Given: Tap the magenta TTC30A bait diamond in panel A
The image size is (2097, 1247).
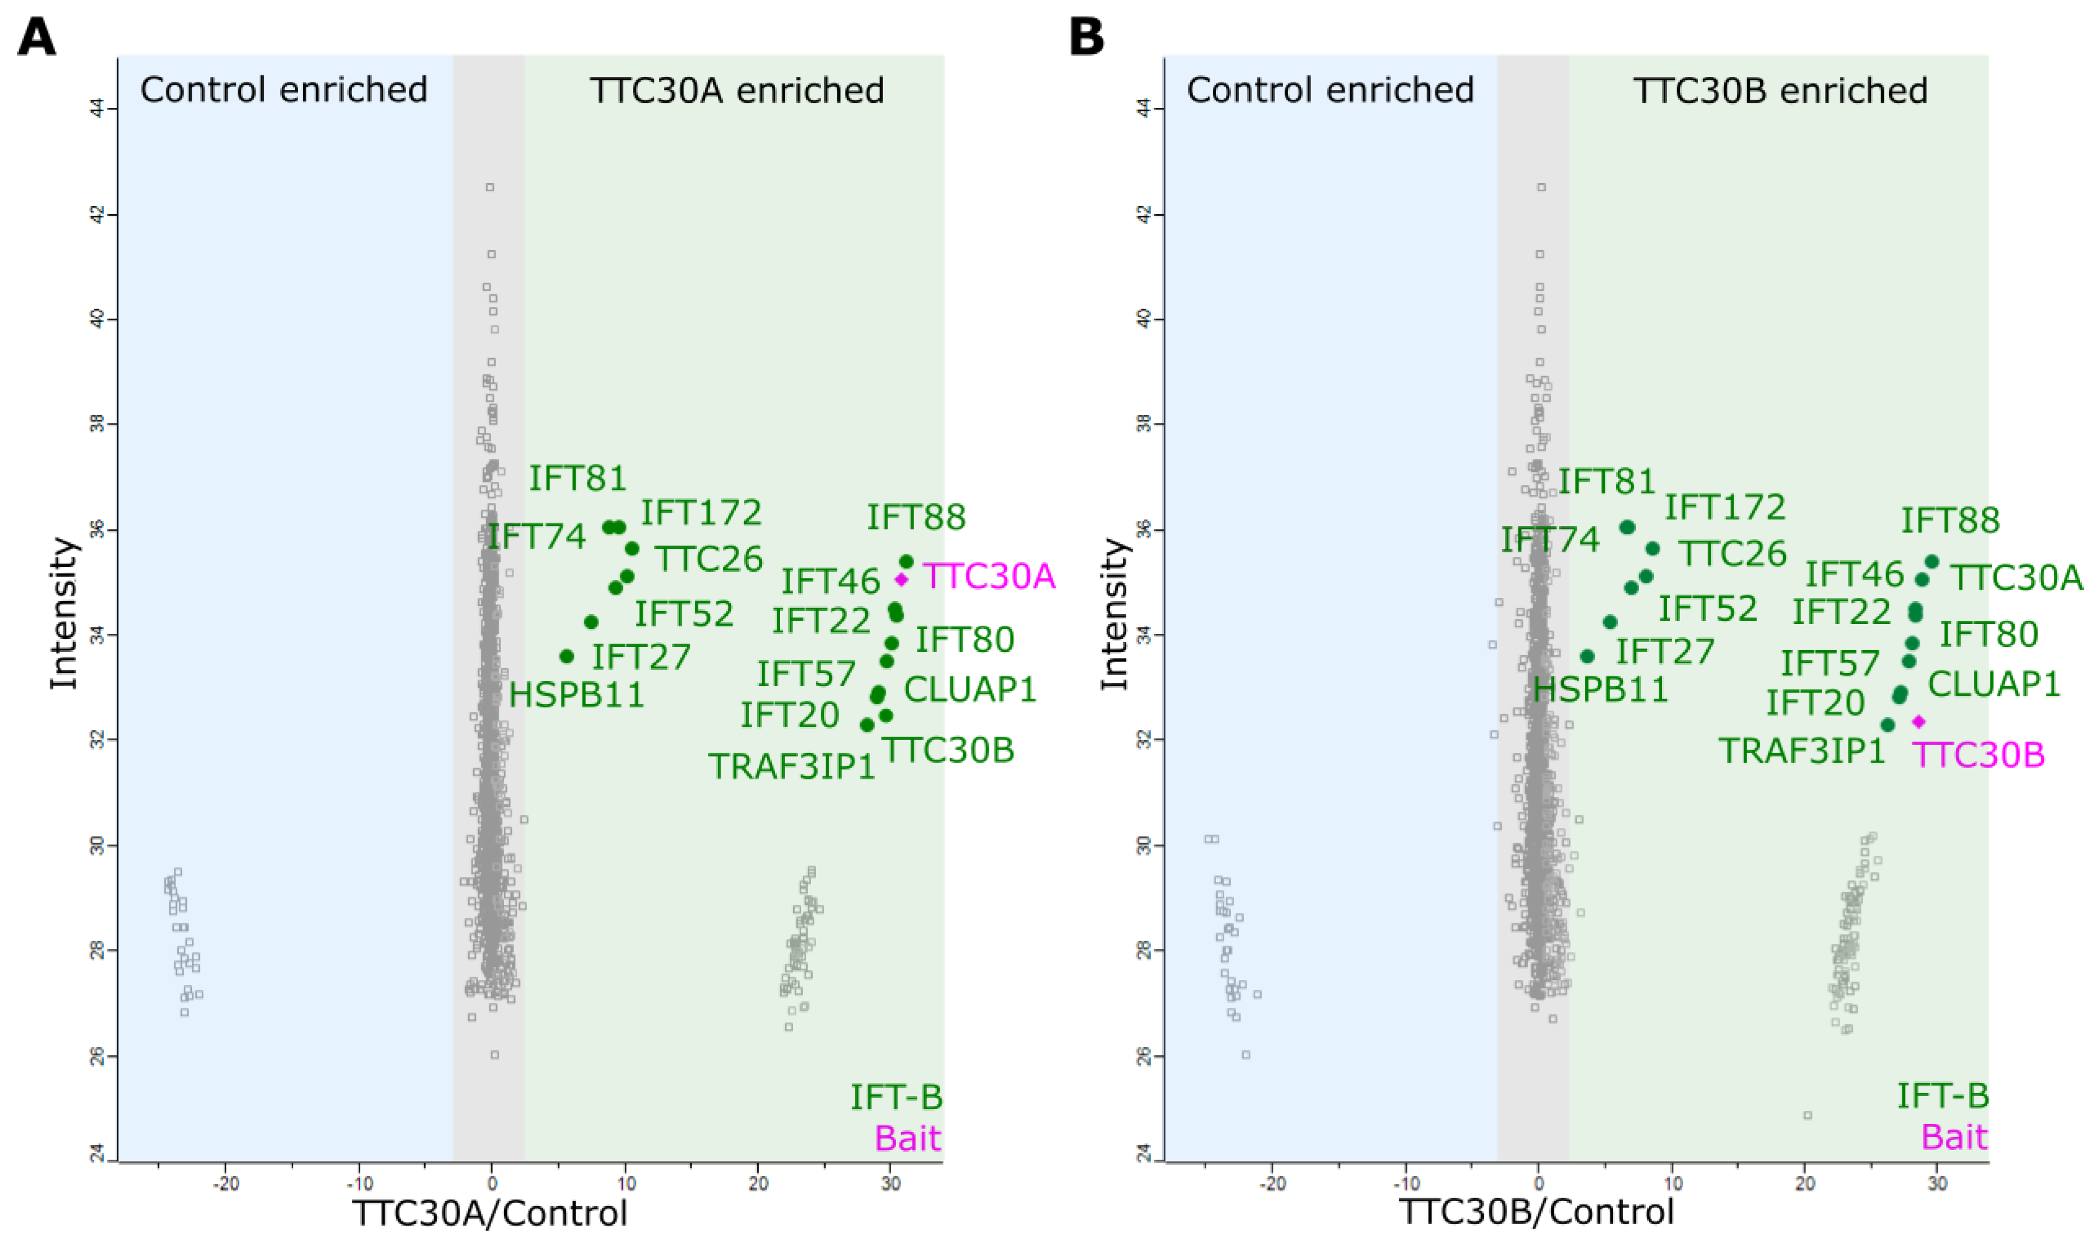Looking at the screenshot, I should [901, 579].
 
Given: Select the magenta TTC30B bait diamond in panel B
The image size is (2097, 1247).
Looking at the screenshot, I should [1918, 721].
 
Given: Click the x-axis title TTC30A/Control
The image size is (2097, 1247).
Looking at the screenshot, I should [490, 1213].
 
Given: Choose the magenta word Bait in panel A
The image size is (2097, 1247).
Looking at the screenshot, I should [908, 1139].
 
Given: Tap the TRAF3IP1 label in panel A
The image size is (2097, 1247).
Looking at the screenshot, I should [791, 766].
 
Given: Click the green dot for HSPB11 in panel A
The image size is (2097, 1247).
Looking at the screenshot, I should [566, 656].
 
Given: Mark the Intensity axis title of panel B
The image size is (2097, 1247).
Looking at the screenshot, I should [1114, 613].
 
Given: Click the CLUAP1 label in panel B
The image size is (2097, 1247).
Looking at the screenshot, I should [1993, 684].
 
